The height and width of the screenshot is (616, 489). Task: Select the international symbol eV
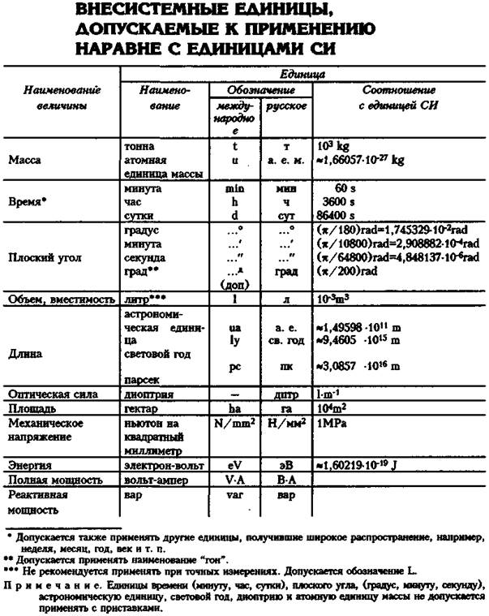(235, 466)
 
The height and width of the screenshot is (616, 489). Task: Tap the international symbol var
(235, 494)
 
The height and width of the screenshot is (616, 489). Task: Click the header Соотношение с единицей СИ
(398, 97)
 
